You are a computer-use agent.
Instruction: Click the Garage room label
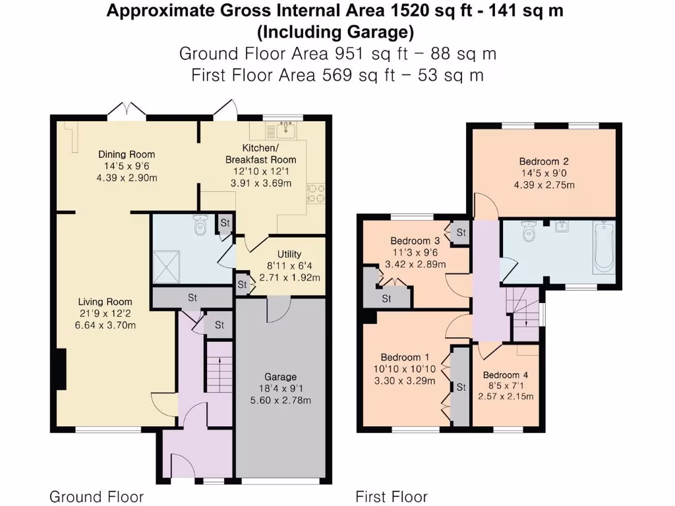coord(280,377)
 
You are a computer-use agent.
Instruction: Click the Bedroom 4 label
coord(506,375)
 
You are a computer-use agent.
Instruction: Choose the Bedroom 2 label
coord(543,161)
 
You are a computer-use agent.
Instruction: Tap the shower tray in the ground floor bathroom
coord(168,267)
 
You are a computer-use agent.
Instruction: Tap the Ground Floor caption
coord(96,496)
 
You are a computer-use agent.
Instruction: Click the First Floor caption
coord(392,496)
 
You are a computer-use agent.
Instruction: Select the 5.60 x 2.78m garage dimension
coord(280,400)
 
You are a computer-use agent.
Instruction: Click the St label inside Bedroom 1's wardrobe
coord(460,386)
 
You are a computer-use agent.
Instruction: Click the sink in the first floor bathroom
coord(562,227)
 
